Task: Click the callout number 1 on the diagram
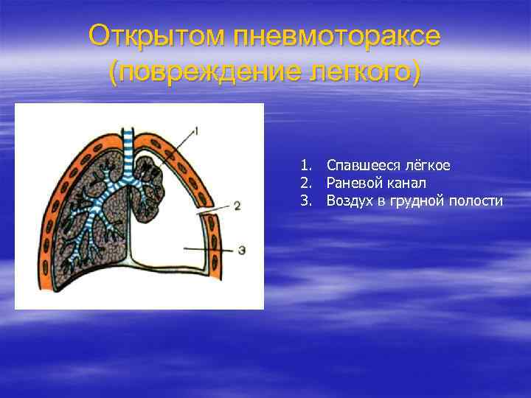click(x=196, y=131)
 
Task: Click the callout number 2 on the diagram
click(x=237, y=206)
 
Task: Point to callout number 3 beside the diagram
click(x=241, y=250)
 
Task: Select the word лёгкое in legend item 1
click(x=427, y=165)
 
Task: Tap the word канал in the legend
click(x=406, y=183)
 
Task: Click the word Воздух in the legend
click(x=350, y=200)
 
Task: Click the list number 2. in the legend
click(x=306, y=183)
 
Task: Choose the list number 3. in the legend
click(x=306, y=200)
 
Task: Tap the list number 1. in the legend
click(x=306, y=165)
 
